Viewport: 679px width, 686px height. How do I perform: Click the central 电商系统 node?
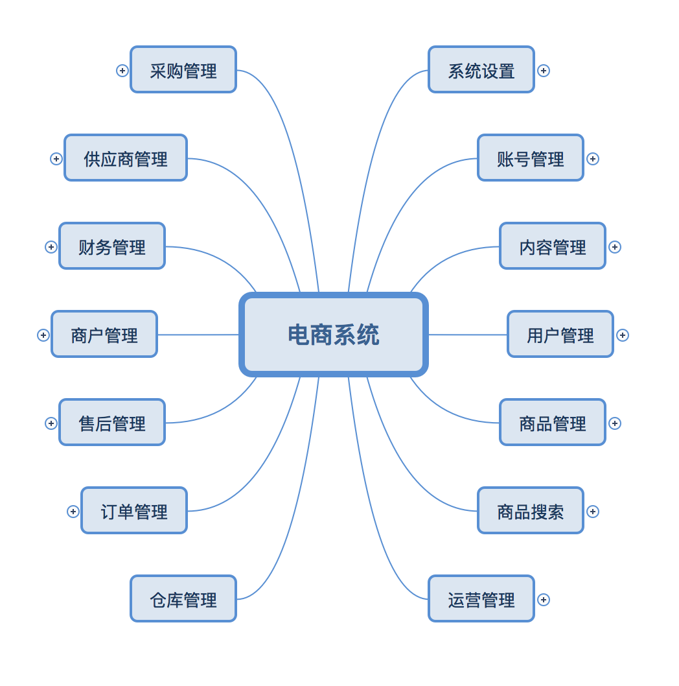coord(334,335)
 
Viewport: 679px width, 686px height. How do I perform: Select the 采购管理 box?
coord(183,69)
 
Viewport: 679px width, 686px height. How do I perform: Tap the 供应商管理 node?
coord(126,158)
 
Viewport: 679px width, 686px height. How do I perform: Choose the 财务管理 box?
coord(112,246)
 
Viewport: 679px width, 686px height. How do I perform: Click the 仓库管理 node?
coord(183,599)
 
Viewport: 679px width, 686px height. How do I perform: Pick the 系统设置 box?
coord(481,69)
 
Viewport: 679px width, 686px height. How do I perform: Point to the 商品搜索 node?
coord(531,510)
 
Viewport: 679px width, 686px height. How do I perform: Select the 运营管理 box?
coord(481,599)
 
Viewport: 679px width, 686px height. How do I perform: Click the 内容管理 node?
coord(553,246)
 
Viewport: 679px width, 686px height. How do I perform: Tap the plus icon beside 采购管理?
coord(122,71)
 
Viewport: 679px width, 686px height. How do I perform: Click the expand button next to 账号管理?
coord(593,159)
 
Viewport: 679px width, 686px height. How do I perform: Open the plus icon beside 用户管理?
coord(623,335)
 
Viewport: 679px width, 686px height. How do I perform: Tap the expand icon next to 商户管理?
coord(43,335)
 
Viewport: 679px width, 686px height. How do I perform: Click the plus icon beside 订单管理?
coord(73,512)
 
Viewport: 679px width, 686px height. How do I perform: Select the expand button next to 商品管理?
coord(615,423)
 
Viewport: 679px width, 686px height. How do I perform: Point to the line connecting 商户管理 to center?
coord(198,335)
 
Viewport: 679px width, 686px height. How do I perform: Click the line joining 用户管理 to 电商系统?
coord(468,335)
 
